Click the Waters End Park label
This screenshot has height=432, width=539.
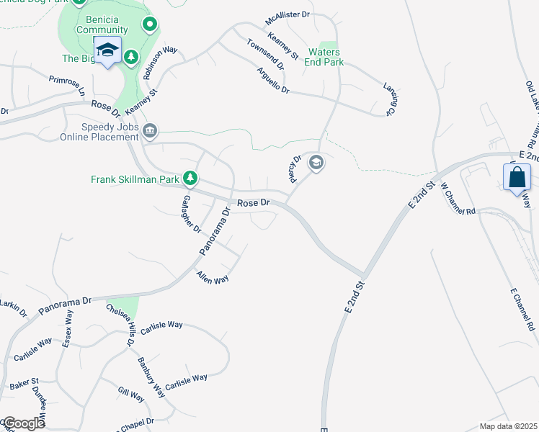pyautogui.click(x=326, y=58)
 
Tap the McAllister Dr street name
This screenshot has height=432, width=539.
pyautogui.click(x=287, y=14)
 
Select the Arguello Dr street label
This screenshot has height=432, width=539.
pyautogui.click(x=272, y=81)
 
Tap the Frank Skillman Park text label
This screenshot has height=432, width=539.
pyautogui.click(x=135, y=179)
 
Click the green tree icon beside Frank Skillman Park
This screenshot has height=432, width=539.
pyautogui.click(x=190, y=177)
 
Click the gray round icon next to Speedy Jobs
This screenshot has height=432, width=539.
pyautogui.click(x=150, y=130)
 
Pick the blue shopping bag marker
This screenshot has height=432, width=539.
pyautogui.click(x=517, y=177)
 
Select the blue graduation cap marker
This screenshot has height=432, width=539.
pyautogui.click(x=107, y=50)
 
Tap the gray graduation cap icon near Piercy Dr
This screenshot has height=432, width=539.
pyautogui.click(x=315, y=163)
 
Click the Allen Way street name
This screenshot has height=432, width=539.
pyautogui.click(x=213, y=278)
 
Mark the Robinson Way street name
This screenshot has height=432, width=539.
pyautogui.click(x=159, y=63)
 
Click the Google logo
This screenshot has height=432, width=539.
pyautogui.click(x=23, y=423)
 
